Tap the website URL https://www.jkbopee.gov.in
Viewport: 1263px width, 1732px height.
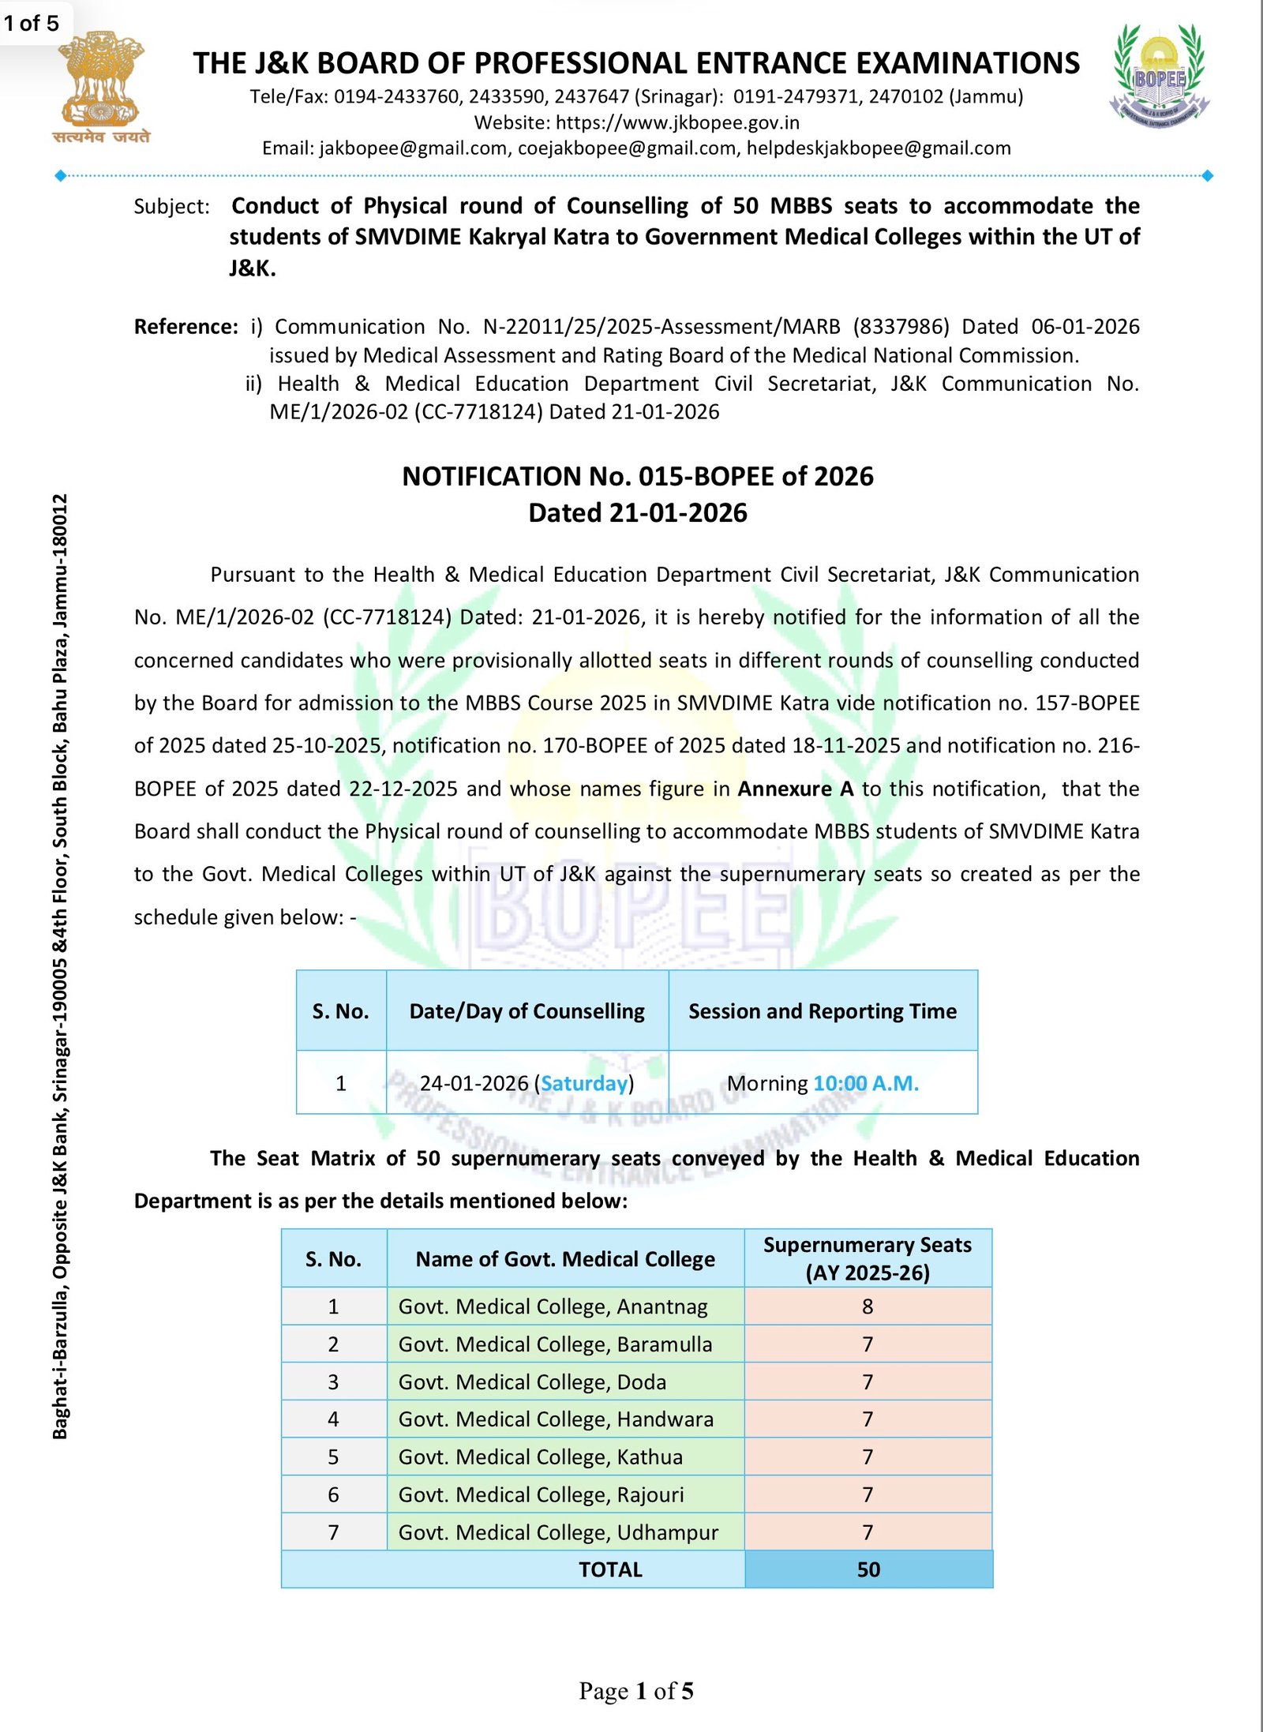coord(677,122)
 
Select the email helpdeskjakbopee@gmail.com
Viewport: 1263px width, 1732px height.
coord(879,148)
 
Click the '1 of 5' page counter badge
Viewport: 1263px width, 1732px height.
coord(32,23)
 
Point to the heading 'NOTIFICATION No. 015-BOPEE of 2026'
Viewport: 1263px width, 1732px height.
coord(637,477)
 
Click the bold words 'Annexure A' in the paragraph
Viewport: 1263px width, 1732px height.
coord(796,789)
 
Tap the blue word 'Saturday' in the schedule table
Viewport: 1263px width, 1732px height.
coord(584,1083)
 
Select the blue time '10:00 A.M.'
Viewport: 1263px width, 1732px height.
coord(866,1083)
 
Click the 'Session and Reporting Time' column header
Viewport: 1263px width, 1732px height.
coord(822,1011)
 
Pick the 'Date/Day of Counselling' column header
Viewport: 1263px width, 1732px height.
coord(527,1011)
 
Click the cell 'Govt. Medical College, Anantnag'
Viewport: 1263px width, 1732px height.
coord(553,1306)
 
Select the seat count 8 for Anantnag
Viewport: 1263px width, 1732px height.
coord(868,1306)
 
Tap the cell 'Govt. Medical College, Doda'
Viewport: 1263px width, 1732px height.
coord(532,1382)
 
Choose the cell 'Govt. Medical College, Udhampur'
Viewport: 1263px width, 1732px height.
coord(558,1532)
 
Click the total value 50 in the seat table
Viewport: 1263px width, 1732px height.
coord(868,1569)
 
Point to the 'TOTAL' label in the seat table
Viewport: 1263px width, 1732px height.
coord(610,1569)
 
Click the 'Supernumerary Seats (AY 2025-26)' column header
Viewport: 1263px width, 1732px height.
coord(868,1258)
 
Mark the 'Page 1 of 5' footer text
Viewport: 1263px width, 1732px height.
coord(636,1691)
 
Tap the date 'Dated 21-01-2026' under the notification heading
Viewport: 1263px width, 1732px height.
coord(637,513)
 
